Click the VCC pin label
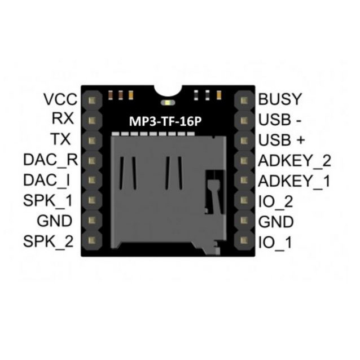60,99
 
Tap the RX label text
63,118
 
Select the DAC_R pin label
51,160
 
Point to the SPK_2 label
48,242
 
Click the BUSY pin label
280,99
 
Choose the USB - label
280,120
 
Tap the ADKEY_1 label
294,181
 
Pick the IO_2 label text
275,201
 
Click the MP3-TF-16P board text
165,121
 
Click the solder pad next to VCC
92,100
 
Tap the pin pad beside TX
92,141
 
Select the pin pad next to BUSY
244,100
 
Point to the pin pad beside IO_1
244,240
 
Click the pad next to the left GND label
92,220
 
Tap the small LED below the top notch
168,102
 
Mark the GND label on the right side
276,222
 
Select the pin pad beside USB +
244,141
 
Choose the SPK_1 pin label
48,200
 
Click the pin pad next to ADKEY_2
244,160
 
